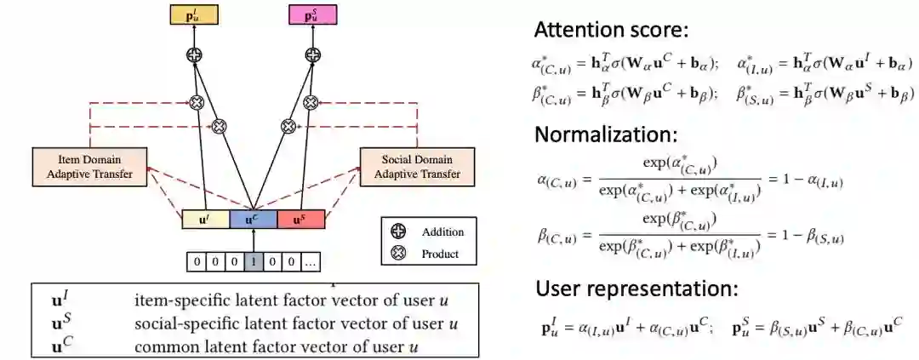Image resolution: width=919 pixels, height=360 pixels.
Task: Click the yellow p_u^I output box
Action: [194, 14]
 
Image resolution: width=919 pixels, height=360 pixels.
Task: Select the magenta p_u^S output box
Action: [312, 14]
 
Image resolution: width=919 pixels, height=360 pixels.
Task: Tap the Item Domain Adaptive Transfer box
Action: [89, 167]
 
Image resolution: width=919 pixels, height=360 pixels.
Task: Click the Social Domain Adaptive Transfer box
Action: [416, 167]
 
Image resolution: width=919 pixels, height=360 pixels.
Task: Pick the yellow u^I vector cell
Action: [206, 220]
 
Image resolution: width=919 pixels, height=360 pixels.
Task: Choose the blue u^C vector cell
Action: [254, 220]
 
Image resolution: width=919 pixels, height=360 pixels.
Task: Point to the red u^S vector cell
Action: [300, 220]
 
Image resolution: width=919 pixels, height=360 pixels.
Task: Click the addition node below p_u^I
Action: [194, 55]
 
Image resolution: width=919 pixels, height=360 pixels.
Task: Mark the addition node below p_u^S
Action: [312, 55]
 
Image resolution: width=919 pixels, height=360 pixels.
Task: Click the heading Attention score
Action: [610, 31]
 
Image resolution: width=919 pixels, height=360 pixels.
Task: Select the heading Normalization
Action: [605, 134]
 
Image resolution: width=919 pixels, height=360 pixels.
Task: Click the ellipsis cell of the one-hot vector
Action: [311, 262]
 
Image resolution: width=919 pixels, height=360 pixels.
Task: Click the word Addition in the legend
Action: [442, 232]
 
